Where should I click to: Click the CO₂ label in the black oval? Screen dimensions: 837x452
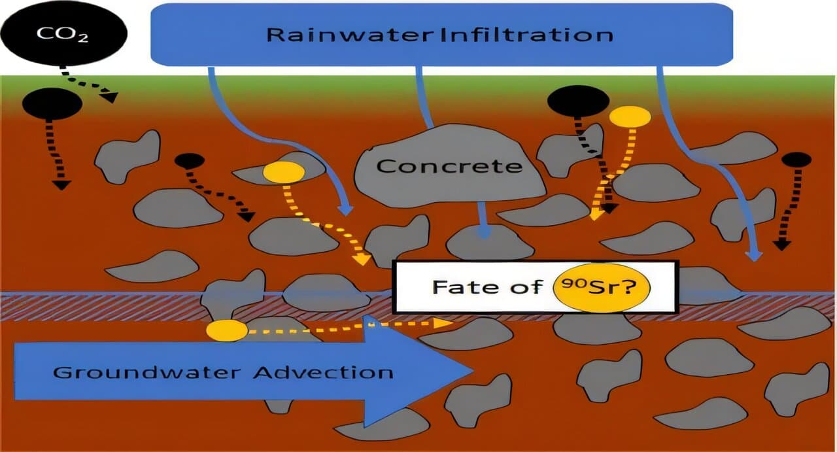click(62, 34)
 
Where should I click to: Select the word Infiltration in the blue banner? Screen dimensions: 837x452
click(527, 35)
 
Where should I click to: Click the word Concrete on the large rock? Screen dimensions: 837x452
click(449, 166)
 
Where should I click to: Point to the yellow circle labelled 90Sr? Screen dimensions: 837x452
click(602, 288)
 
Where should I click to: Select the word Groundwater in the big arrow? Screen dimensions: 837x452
click(147, 373)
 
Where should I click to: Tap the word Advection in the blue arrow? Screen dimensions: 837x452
click(323, 373)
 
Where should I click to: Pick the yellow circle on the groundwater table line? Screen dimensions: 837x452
click(227, 331)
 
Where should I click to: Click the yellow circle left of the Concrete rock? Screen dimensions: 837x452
click(284, 172)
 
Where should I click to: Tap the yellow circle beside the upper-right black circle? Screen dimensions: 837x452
click(630, 117)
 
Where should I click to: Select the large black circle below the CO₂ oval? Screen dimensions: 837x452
click(52, 103)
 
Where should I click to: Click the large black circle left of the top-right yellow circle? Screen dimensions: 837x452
click(579, 101)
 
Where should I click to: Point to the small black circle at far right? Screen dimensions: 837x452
click(796, 160)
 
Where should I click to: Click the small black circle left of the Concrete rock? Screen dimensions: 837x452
click(190, 161)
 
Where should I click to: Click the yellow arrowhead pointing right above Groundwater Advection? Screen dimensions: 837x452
click(444, 322)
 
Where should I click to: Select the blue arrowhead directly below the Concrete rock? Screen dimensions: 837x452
click(485, 232)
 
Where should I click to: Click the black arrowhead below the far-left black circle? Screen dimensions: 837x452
click(61, 184)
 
